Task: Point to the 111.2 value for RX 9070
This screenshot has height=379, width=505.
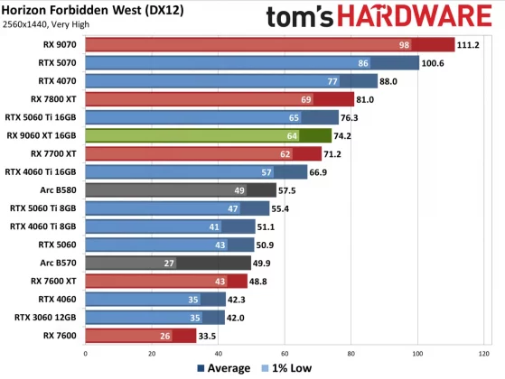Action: pos(469,44)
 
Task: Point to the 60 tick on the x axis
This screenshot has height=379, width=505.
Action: pos(285,353)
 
